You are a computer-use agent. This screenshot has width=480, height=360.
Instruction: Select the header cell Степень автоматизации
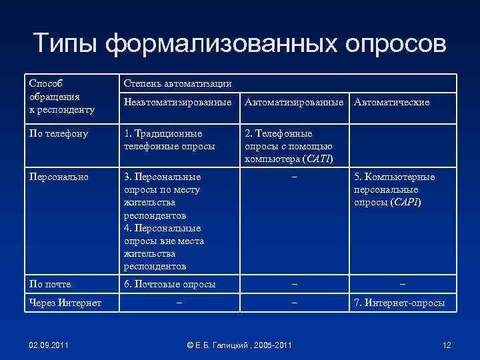177,83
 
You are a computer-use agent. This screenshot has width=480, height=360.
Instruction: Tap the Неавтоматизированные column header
178,102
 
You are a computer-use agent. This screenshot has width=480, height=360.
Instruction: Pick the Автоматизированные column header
296,102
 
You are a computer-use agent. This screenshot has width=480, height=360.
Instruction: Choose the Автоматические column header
391,102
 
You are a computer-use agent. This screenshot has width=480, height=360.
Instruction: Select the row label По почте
50,284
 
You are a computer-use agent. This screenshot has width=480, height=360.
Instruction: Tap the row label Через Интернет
65,303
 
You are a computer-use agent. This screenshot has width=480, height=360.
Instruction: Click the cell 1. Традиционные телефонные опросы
169,139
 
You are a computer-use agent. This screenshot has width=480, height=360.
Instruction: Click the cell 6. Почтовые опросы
170,284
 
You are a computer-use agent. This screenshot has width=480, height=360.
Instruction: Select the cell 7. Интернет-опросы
399,303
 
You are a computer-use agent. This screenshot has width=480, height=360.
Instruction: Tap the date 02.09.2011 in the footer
48,345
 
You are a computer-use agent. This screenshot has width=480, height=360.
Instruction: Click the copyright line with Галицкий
239,345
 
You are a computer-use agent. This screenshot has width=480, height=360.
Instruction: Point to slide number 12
447,345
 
